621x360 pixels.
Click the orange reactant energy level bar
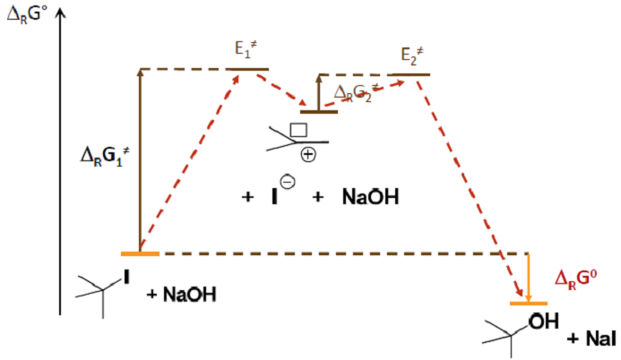click(141, 254)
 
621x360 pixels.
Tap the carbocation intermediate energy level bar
click(318, 111)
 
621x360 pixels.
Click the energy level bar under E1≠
click(247, 69)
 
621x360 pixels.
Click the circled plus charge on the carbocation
click(308, 154)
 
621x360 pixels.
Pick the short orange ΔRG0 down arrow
click(529, 278)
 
